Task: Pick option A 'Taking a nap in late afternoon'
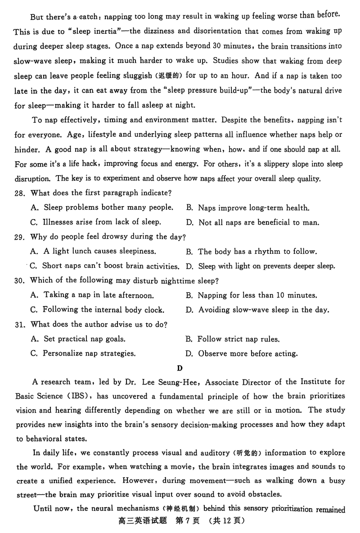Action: (92, 296)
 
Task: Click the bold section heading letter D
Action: (180, 368)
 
